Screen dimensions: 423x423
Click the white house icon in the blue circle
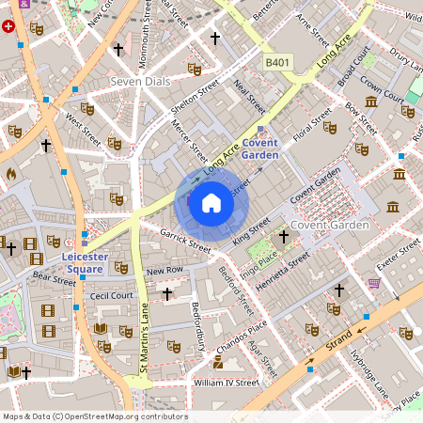pyautogui.click(x=211, y=203)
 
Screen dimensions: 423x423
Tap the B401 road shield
pyautogui.click(x=276, y=62)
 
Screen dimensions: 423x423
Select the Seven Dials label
pyautogui.click(x=140, y=82)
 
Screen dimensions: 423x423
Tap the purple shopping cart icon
pyautogui.click(x=375, y=282)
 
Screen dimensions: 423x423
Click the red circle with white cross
pyautogui.click(x=9, y=26)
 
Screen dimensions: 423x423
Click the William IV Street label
pyautogui.click(x=225, y=383)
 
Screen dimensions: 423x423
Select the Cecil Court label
pyautogui.click(x=112, y=294)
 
